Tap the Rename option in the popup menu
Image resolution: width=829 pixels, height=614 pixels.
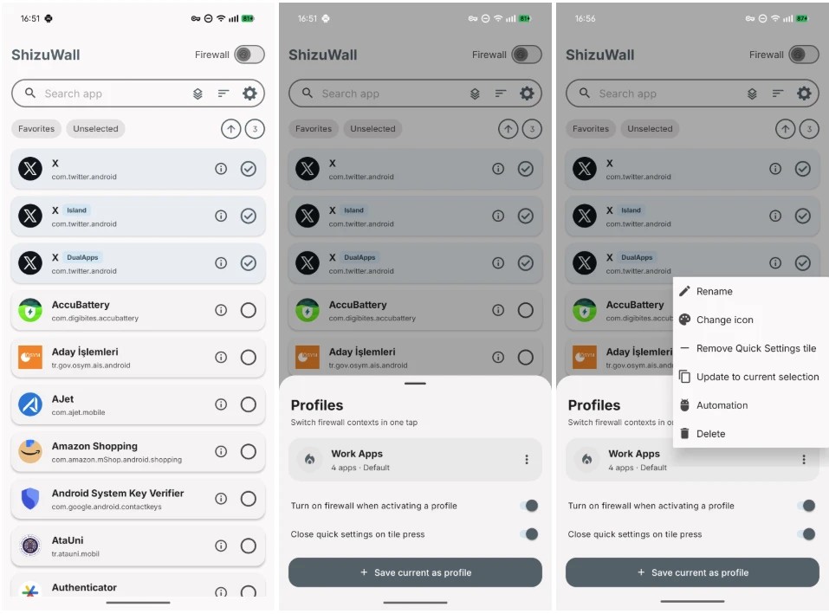(714, 291)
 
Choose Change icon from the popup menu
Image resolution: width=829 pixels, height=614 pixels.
(724, 320)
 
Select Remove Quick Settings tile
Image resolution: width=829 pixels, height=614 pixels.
(756, 348)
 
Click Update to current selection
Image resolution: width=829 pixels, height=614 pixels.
(757, 377)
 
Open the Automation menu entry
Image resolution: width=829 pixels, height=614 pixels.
(722, 405)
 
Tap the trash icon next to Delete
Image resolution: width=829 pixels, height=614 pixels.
(684, 433)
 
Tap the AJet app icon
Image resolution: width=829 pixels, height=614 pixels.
(30, 404)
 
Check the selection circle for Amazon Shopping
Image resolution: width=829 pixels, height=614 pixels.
(249, 451)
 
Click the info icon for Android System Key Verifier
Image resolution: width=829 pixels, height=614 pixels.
(221, 498)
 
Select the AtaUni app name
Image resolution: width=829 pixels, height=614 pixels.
(68, 540)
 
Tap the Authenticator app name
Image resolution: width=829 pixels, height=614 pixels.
(84, 587)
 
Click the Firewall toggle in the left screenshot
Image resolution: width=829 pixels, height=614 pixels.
(249, 55)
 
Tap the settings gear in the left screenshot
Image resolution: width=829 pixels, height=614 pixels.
(249, 94)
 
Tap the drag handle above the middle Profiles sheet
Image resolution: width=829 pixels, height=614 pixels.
(415, 383)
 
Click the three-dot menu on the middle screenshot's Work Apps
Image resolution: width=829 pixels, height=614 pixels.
(527, 460)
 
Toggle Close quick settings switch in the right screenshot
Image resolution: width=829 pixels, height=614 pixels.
(806, 534)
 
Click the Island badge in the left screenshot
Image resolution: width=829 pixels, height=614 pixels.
(76, 210)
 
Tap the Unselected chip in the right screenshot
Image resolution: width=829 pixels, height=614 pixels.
(650, 128)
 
